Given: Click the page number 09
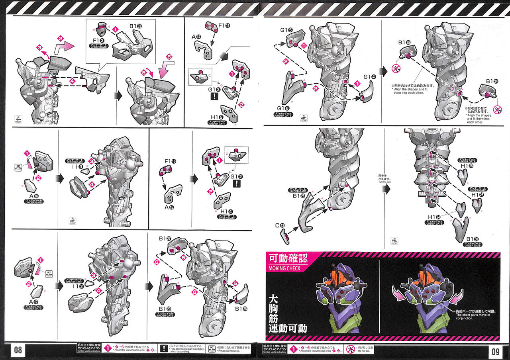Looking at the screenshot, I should [x=495, y=351].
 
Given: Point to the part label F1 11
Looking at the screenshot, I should [x=225, y=26].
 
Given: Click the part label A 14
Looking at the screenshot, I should [x=196, y=37].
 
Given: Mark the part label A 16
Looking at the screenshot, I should [x=33, y=197].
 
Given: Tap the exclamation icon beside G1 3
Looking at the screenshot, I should [x=215, y=96].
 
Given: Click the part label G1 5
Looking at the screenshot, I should [x=286, y=30].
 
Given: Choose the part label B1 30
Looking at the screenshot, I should [x=473, y=239].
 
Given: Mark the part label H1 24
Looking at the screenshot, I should [x=434, y=217].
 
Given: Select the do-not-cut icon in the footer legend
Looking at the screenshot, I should [x=349, y=349].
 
